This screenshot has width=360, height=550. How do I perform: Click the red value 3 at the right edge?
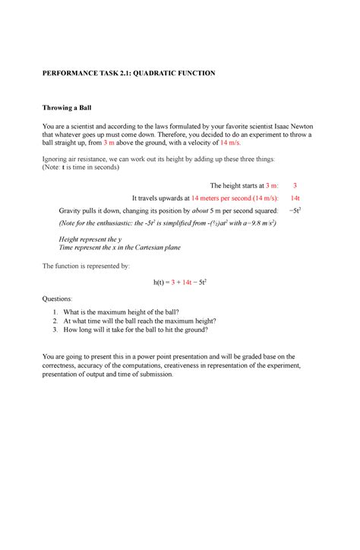click(x=295, y=185)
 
